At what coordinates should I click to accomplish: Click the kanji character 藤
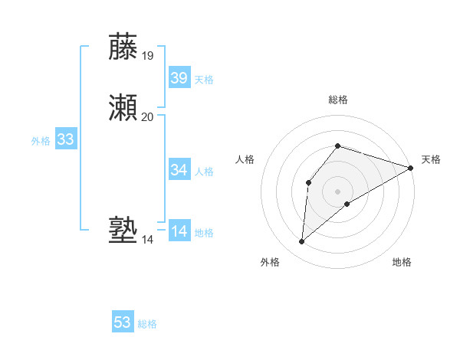[124, 47]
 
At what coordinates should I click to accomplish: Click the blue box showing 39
[179, 78]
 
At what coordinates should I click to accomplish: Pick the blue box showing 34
[179, 169]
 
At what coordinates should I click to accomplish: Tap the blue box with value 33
[66, 139]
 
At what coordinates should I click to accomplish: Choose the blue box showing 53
[123, 322]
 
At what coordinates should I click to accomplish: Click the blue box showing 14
[179, 231]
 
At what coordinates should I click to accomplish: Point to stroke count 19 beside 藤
[147, 55]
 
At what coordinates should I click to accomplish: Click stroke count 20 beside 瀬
[147, 116]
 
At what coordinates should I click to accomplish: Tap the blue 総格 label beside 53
[147, 324]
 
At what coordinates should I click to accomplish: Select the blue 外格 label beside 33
[41, 141]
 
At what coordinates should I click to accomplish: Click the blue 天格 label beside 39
[204, 80]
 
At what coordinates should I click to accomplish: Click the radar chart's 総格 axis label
[338, 100]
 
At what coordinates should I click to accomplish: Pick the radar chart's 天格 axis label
[431, 159]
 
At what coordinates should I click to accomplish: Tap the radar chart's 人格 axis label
[245, 159]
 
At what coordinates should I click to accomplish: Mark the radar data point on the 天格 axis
[411, 168]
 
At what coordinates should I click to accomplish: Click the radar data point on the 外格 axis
[302, 242]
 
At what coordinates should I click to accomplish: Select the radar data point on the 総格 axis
[338, 146]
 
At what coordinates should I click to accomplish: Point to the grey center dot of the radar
[338, 191]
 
